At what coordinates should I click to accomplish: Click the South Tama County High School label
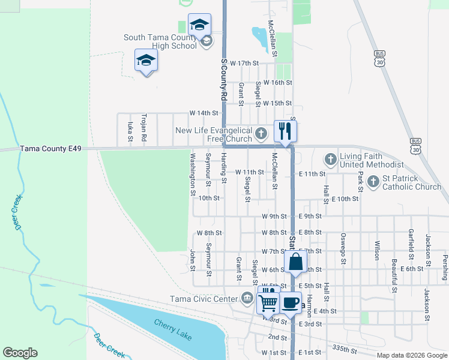(160, 41)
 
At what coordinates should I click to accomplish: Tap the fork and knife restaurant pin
(285, 131)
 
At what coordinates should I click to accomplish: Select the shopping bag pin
(296, 262)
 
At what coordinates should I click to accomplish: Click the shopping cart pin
(268, 302)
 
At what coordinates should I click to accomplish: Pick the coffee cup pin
(291, 302)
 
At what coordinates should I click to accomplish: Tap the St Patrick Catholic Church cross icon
(373, 180)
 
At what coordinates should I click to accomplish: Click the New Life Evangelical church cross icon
(261, 132)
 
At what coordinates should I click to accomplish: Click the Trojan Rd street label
(144, 128)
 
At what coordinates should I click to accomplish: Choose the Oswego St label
(343, 248)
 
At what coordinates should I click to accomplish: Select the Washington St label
(193, 175)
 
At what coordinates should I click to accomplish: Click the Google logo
(20, 353)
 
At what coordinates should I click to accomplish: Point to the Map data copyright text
(411, 355)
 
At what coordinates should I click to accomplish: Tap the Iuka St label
(130, 132)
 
